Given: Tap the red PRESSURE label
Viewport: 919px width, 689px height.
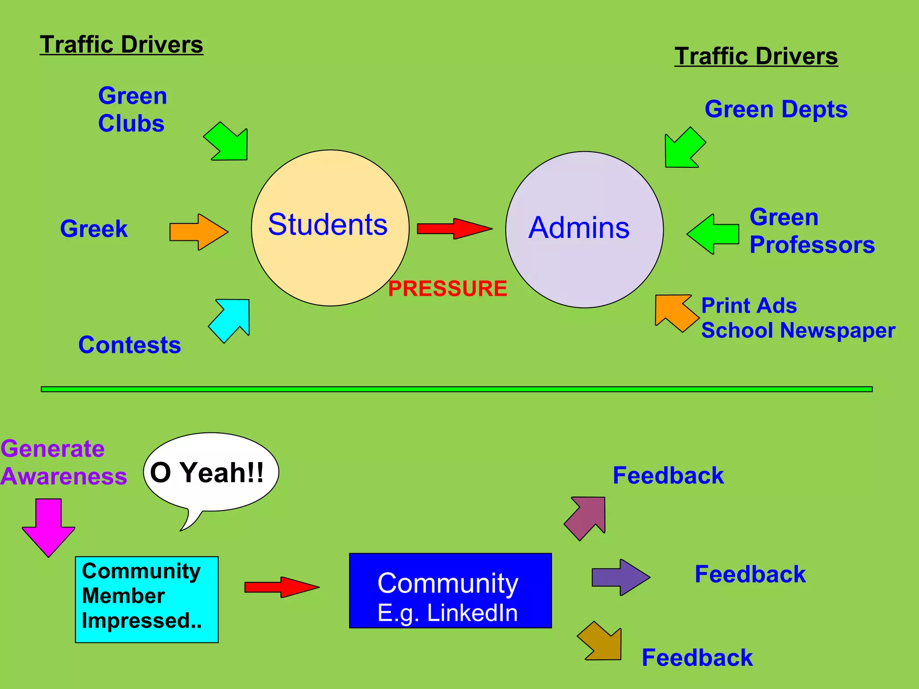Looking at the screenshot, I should point(447,288).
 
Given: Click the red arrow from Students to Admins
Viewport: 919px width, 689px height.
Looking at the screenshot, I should point(453,229).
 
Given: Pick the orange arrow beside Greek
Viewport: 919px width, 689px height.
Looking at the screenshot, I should point(197,232).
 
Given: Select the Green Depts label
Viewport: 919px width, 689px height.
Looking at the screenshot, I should point(776,109).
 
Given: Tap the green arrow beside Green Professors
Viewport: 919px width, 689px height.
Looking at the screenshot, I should point(713,234).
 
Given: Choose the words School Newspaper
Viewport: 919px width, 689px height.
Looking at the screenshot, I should point(798,331).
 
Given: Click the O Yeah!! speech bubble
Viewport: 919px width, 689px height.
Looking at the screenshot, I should point(211,472).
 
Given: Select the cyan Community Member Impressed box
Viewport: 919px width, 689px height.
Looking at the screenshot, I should point(147,599).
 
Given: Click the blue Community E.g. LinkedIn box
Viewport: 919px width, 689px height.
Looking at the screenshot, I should point(450,590).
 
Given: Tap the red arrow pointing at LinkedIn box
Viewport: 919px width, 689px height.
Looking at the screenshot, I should point(280,587).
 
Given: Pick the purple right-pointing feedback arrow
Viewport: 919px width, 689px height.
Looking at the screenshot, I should point(620,577).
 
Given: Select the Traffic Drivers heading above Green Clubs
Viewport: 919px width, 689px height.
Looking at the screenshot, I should point(121,45).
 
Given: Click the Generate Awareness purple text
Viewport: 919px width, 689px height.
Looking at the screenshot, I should point(63,462).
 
